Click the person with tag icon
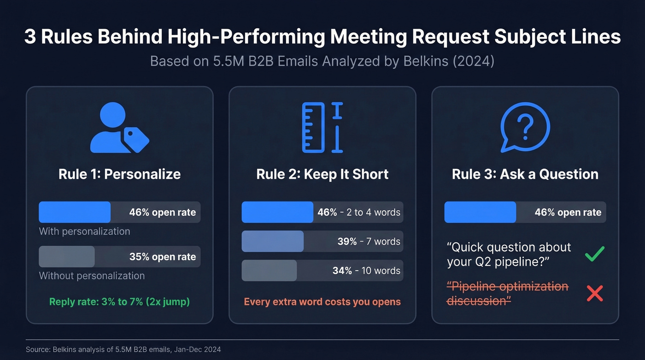[119, 128]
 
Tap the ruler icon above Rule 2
[322, 128]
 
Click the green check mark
[594, 254]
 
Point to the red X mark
[594, 293]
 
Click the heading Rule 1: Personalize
[119, 174]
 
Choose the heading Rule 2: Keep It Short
[322, 174]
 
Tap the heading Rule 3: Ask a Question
[525, 174]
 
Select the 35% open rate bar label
[162, 257]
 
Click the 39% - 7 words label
[369, 242]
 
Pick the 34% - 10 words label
[366, 271]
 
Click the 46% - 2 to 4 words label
[358, 212]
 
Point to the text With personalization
[84, 231]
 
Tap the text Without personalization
[92, 276]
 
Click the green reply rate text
[119, 302]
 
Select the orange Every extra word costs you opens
[322, 302]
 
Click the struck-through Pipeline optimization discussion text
[507, 294]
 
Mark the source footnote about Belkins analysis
[126, 350]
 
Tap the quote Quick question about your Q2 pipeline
[509, 254]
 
